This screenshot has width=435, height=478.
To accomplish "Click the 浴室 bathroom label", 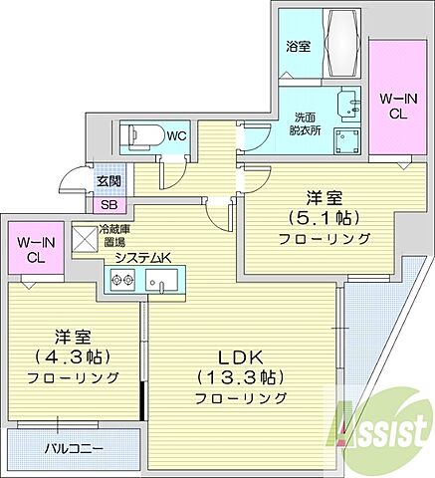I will tap(298, 45).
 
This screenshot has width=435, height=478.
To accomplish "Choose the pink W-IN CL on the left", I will tap(36, 250).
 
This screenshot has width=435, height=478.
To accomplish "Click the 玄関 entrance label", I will tap(108, 182).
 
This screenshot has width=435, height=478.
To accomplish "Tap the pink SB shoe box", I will tap(108, 205).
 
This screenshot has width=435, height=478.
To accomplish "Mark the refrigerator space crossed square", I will tap(109, 235).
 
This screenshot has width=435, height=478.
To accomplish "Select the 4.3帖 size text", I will tap(74, 356).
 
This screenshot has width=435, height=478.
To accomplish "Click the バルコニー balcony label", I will tap(71, 448).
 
